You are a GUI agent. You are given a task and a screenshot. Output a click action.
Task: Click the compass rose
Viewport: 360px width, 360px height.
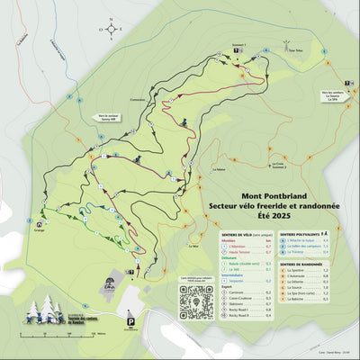(111, 28)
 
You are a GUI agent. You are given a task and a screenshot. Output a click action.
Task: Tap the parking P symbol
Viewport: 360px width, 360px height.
(130, 321)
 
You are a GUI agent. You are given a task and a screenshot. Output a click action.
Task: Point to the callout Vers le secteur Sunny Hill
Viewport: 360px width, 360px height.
(106, 117)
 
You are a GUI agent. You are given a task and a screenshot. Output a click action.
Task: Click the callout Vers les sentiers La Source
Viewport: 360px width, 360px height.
(335, 94)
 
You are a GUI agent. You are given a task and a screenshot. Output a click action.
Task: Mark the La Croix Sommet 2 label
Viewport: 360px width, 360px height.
(280, 165)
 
